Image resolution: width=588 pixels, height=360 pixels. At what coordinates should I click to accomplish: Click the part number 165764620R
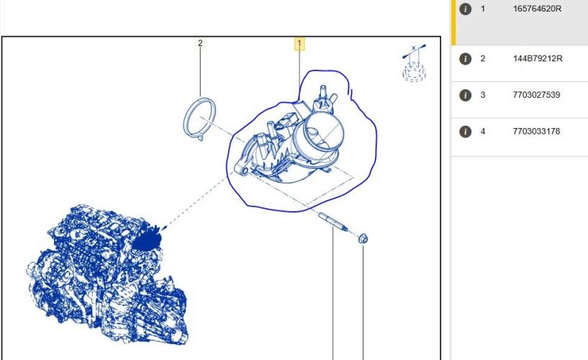point(537,9)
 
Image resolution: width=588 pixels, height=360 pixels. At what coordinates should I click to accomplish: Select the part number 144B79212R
point(538,58)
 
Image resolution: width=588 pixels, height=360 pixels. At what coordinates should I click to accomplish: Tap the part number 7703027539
point(536,95)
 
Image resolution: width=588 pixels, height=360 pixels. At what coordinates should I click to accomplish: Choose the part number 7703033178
point(536,131)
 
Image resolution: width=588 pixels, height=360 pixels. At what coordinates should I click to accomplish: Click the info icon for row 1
point(466,9)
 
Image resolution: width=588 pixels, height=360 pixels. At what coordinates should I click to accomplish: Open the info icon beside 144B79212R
point(466,59)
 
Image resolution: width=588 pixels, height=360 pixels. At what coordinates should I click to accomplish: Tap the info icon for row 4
point(466,132)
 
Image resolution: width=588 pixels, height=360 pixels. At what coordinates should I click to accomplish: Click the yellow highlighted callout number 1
point(299,44)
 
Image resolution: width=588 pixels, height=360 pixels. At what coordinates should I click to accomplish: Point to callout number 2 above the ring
point(200,43)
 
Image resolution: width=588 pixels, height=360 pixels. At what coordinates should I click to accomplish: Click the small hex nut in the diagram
point(363,238)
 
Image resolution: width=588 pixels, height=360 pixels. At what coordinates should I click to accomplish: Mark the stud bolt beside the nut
point(333,222)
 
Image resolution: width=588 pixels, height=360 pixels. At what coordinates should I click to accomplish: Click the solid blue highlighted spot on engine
point(147,240)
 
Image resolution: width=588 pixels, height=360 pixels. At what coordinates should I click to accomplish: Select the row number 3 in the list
point(483,95)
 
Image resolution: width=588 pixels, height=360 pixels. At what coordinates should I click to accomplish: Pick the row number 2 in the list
point(483,58)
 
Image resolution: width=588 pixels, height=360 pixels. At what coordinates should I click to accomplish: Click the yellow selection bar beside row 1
point(453,22)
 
